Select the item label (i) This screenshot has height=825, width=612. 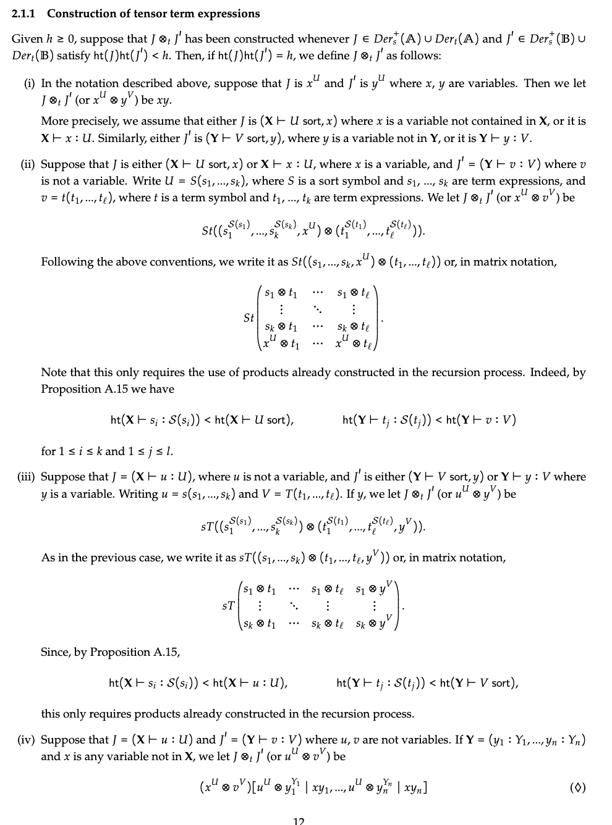click(x=28, y=83)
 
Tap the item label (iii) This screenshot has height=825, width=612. click(x=26, y=477)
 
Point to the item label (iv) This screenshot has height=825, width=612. click(x=26, y=740)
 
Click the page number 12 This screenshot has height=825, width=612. click(x=299, y=821)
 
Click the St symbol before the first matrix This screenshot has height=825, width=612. click(x=249, y=318)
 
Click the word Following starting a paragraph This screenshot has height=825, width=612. click(x=66, y=262)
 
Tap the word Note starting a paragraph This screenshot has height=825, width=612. click(x=53, y=372)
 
